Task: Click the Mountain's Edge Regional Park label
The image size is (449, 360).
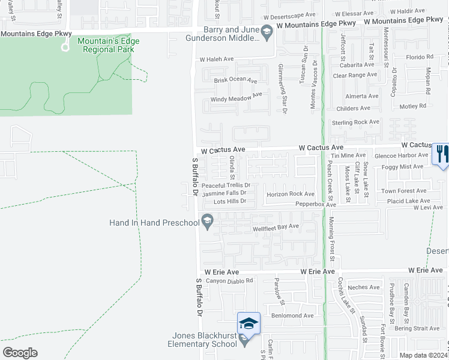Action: [x=108, y=45]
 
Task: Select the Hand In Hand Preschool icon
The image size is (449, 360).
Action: [x=208, y=223]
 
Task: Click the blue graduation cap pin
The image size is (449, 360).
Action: [x=249, y=324]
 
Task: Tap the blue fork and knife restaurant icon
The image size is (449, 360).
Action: [x=440, y=154]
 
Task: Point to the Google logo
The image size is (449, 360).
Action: [x=20, y=353]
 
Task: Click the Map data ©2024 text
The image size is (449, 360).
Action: [x=423, y=355]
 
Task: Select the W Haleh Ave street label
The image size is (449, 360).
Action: [x=216, y=60]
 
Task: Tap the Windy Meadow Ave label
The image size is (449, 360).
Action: [x=236, y=96]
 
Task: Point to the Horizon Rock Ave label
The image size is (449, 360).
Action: [x=291, y=194]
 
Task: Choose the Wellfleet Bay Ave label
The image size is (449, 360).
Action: [x=276, y=227]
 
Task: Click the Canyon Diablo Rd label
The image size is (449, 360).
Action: [x=230, y=280]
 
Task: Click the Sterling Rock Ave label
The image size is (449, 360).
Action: [x=355, y=122]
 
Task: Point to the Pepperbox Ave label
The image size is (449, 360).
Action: [x=315, y=205]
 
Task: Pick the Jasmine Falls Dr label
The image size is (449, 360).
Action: [x=224, y=193]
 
